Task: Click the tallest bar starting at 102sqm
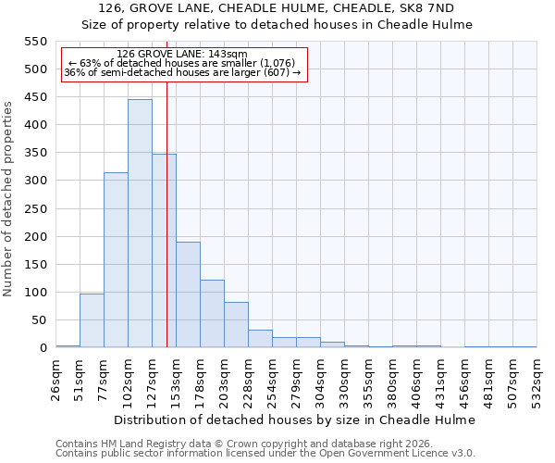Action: coord(140,223)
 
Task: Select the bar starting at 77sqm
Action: coord(116,260)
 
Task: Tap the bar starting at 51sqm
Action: coord(92,320)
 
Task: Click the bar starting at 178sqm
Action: coord(212,314)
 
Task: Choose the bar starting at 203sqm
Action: coord(236,325)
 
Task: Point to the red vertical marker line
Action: coord(166,213)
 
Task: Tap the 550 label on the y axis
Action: coord(34,42)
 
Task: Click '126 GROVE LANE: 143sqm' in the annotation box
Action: coord(183,55)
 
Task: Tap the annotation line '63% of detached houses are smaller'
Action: coord(183,63)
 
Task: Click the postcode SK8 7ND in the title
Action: coord(430,8)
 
